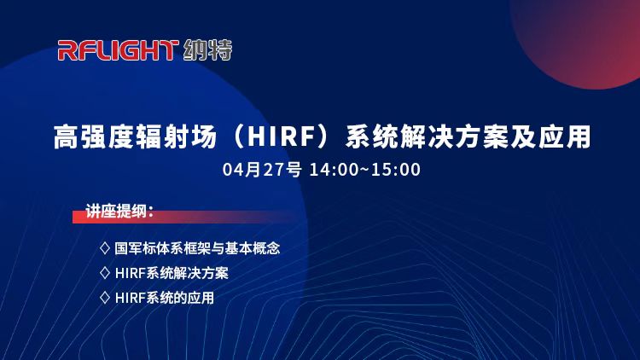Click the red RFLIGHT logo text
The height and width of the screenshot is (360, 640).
(x=118, y=50)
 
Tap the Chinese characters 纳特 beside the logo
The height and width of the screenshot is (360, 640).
(x=207, y=50)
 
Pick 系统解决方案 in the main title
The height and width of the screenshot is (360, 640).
(x=428, y=136)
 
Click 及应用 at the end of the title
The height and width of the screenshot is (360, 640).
(x=551, y=136)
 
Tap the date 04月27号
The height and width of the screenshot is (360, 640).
(x=262, y=170)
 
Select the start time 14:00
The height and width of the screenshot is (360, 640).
(x=334, y=170)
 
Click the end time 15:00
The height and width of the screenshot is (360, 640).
(x=396, y=170)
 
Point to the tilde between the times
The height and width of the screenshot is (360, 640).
(x=364, y=170)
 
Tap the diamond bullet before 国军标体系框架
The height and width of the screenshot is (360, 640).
(x=105, y=247)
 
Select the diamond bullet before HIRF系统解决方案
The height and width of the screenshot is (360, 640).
(x=105, y=273)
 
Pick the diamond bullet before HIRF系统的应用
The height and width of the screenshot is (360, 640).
(x=105, y=298)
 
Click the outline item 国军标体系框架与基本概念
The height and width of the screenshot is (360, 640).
(x=197, y=248)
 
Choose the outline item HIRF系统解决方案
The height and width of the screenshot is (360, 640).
(x=172, y=273)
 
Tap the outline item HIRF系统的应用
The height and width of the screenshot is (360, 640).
(x=165, y=298)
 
